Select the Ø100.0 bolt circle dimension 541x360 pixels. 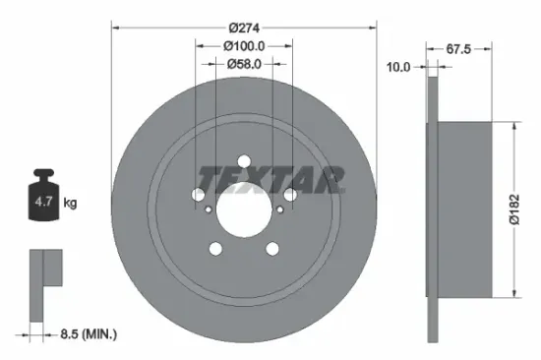(x=244, y=45)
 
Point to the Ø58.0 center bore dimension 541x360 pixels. (x=244, y=63)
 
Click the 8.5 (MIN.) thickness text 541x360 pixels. (x=87, y=335)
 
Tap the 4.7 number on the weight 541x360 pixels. (x=44, y=204)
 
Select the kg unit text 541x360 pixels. (x=71, y=204)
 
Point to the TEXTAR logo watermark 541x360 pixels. (x=272, y=179)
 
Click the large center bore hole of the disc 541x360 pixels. (x=244, y=209)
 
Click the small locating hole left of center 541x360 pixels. (x=210, y=209)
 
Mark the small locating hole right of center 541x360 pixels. (x=279, y=209)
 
